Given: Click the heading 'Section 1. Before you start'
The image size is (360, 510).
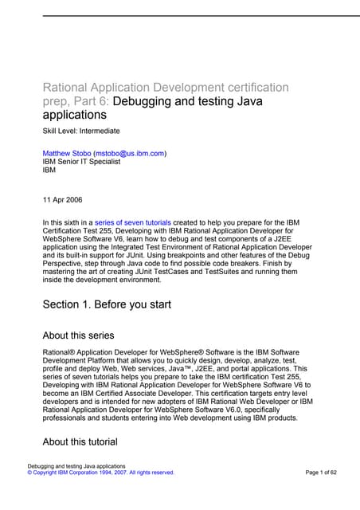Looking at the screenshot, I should tap(107, 304).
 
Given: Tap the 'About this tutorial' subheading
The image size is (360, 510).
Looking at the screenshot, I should tap(80, 441).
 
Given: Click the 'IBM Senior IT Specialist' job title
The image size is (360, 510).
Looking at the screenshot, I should tap(81, 161).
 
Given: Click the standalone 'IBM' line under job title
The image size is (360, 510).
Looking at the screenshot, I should tap(49, 170).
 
